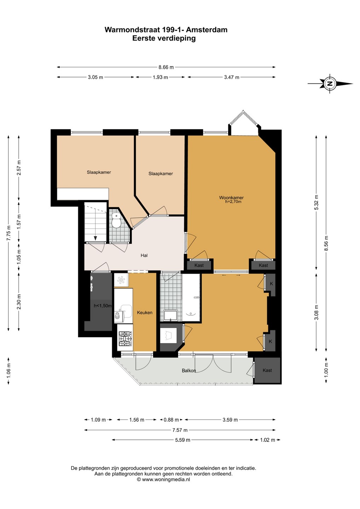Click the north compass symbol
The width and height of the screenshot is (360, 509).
[330, 83]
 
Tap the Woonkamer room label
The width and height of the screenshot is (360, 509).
[231, 197]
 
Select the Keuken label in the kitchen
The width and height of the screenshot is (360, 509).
[145, 312]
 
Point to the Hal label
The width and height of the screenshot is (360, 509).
[144, 256]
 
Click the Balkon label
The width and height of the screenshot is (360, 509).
[188, 370]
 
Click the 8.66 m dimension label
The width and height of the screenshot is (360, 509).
[166, 67]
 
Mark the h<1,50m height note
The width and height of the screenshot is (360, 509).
[103, 306]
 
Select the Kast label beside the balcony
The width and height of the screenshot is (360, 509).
[267, 370]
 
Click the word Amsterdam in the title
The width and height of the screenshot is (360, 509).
[207, 30]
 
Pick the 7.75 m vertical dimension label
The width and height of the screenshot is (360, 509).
[8, 233]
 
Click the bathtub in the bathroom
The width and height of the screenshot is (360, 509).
[191, 298]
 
